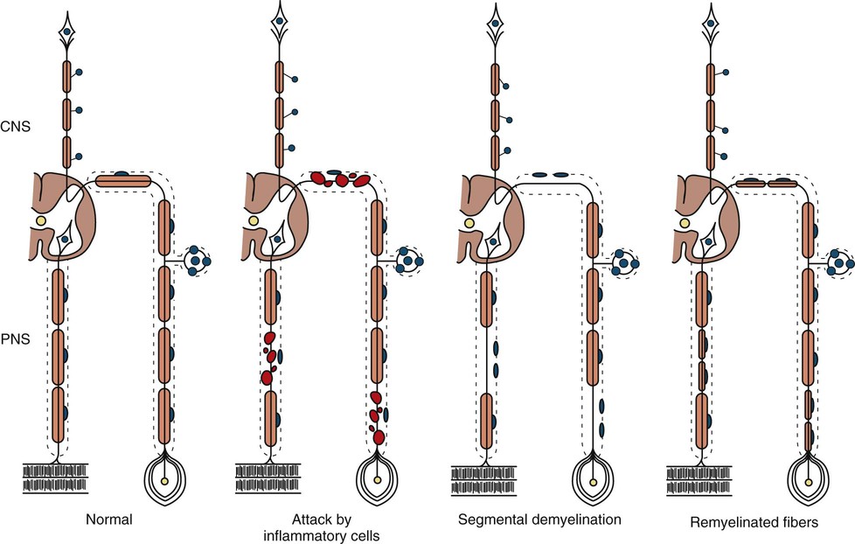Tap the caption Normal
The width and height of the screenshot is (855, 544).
[x=108, y=520]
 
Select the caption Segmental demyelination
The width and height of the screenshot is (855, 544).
[x=539, y=520]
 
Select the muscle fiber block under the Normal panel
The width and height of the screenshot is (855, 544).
[x=58, y=479]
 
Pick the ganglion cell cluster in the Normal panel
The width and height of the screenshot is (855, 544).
[x=198, y=260]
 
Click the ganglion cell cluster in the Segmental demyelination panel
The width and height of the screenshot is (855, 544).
[x=624, y=260]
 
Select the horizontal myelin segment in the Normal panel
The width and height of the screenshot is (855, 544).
[x=122, y=180]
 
